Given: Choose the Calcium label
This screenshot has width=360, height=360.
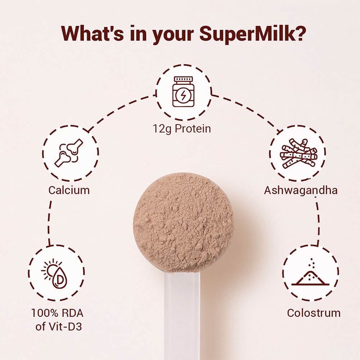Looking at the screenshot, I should click(x=69, y=190).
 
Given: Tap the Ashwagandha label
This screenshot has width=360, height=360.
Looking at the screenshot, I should click(x=301, y=190).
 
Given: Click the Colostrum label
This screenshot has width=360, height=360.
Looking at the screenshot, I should click(x=314, y=312).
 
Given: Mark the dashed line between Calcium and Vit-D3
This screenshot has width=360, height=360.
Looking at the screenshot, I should click(x=49, y=223).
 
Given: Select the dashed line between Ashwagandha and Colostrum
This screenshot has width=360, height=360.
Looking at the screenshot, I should click(x=318, y=223).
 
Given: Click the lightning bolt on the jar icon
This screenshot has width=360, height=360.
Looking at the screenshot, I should click(x=183, y=96).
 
